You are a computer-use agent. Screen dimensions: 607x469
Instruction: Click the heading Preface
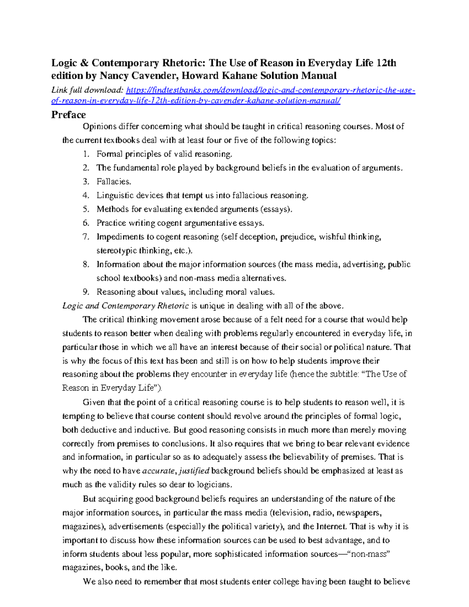[68, 115]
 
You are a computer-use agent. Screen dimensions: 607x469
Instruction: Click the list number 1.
[86, 154]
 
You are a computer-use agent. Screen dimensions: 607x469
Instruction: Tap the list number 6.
[86, 223]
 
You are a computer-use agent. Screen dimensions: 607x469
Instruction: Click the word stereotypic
[116, 251]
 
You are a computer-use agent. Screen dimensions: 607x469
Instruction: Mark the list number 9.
[86, 292]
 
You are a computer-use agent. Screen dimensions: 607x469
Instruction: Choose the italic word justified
[194, 471]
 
